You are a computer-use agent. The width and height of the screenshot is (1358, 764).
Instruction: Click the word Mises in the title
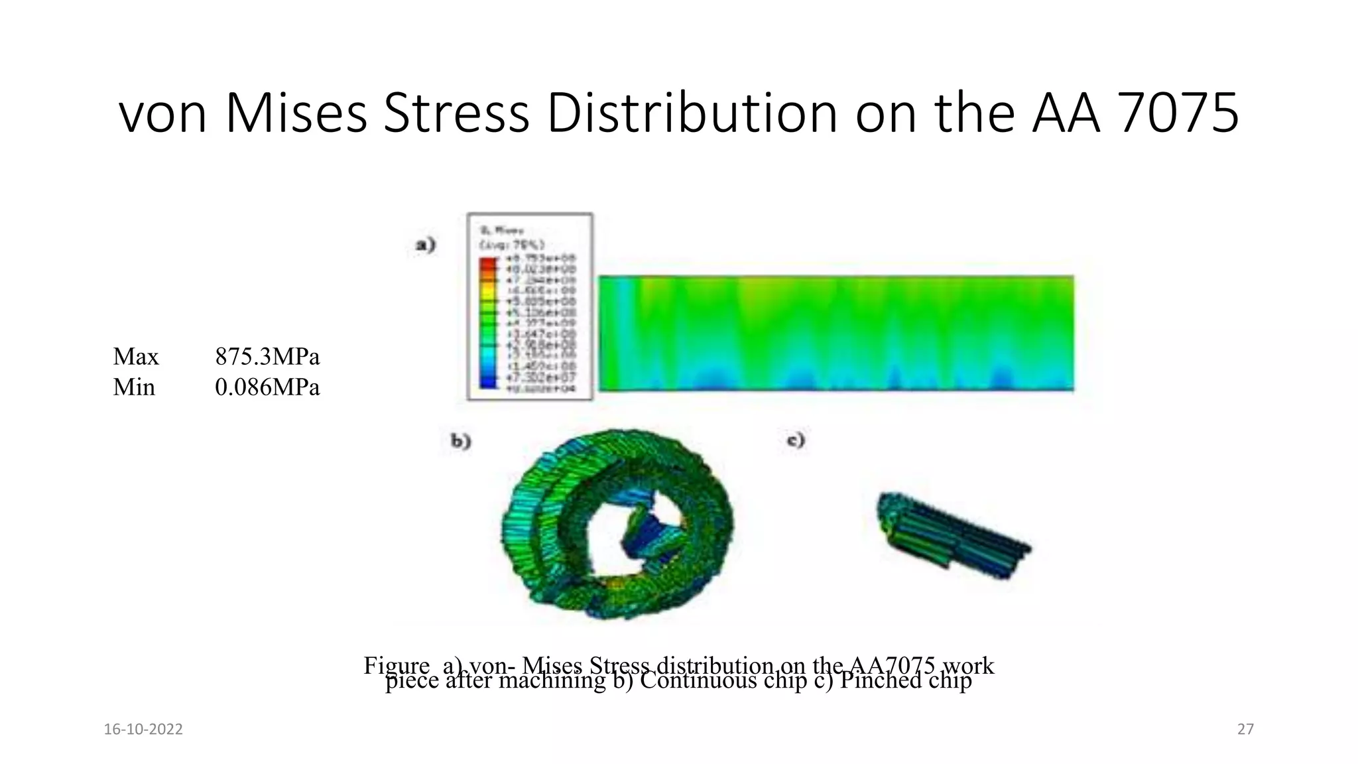click(x=296, y=113)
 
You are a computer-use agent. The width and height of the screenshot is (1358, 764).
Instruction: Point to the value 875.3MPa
click(x=267, y=357)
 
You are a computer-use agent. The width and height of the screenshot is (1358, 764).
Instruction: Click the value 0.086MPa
click(x=267, y=387)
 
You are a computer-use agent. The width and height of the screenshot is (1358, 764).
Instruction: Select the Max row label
click(x=136, y=357)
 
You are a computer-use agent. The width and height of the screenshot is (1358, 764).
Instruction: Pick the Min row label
click(x=134, y=387)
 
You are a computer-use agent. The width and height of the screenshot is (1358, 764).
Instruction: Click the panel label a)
click(x=426, y=245)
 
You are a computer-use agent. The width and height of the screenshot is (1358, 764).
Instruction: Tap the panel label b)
click(x=461, y=441)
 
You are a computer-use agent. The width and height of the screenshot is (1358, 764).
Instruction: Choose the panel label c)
click(x=795, y=440)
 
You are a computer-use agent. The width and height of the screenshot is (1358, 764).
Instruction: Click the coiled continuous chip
click(x=617, y=524)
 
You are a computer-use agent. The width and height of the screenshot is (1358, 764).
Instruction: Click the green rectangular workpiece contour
click(x=835, y=333)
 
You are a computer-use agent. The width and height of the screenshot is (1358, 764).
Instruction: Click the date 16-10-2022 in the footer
click(x=143, y=730)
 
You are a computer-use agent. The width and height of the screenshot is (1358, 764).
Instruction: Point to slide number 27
click(x=1245, y=730)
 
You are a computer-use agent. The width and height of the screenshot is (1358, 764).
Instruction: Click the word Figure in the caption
click(x=397, y=665)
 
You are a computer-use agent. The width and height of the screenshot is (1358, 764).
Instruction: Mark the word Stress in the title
click(x=456, y=113)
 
